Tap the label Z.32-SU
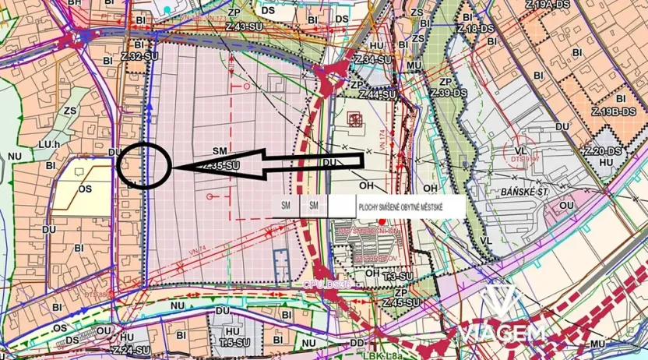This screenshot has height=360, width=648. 140,57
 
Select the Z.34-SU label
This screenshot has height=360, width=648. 372,60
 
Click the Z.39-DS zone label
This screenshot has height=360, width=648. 451,94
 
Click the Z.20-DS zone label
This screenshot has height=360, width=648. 604,150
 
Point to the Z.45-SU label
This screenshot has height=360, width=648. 402,302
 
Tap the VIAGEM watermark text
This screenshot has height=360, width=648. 503,334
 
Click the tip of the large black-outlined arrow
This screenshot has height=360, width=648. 174,167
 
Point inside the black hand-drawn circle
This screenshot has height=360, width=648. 143,166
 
